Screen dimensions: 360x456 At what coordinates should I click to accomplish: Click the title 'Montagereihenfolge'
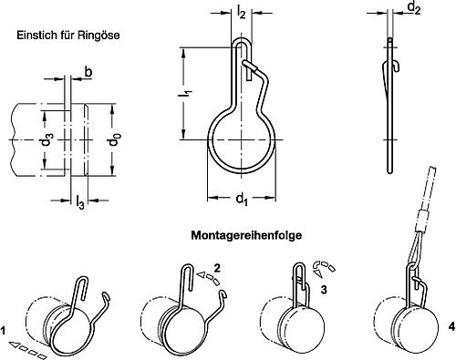pyautogui.click(x=246, y=235)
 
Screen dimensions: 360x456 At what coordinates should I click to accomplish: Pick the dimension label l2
pyautogui.click(x=242, y=14)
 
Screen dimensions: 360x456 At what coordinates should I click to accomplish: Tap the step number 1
pyautogui.click(x=5, y=329)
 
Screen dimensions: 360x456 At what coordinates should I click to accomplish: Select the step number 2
pyautogui.click(x=218, y=268)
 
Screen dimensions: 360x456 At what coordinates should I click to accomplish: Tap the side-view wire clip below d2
pyautogui.click(x=389, y=100)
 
